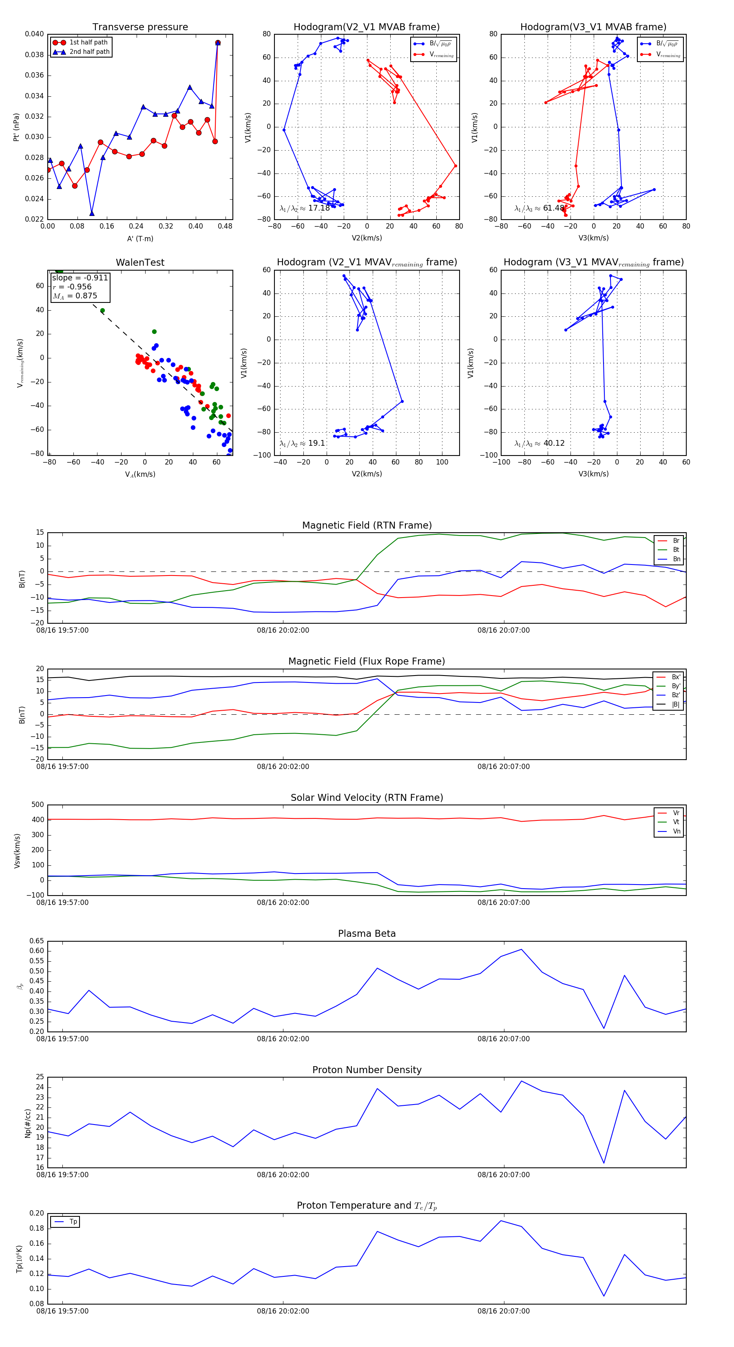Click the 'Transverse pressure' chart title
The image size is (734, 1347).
tap(140, 27)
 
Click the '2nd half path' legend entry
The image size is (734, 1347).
tap(89, 52)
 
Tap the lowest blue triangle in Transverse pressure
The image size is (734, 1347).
tap(92, 213)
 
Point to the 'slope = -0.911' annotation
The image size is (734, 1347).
tap(80, 278)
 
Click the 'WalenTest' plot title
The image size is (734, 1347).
tap(140, 262)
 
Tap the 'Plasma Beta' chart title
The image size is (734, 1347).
tap(367, 934)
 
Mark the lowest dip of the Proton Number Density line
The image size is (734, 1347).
tap(604, 1163)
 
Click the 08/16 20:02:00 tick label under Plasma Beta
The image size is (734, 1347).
tap(283, 1038)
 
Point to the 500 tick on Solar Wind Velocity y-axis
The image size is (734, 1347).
tap(38, 805)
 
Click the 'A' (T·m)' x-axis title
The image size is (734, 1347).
tap(140, 238)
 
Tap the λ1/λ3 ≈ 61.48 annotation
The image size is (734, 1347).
tap(539, 208)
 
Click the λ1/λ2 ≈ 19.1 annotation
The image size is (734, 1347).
tap(302, 443)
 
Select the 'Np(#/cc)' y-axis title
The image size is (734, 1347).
tap(28, 1122)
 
